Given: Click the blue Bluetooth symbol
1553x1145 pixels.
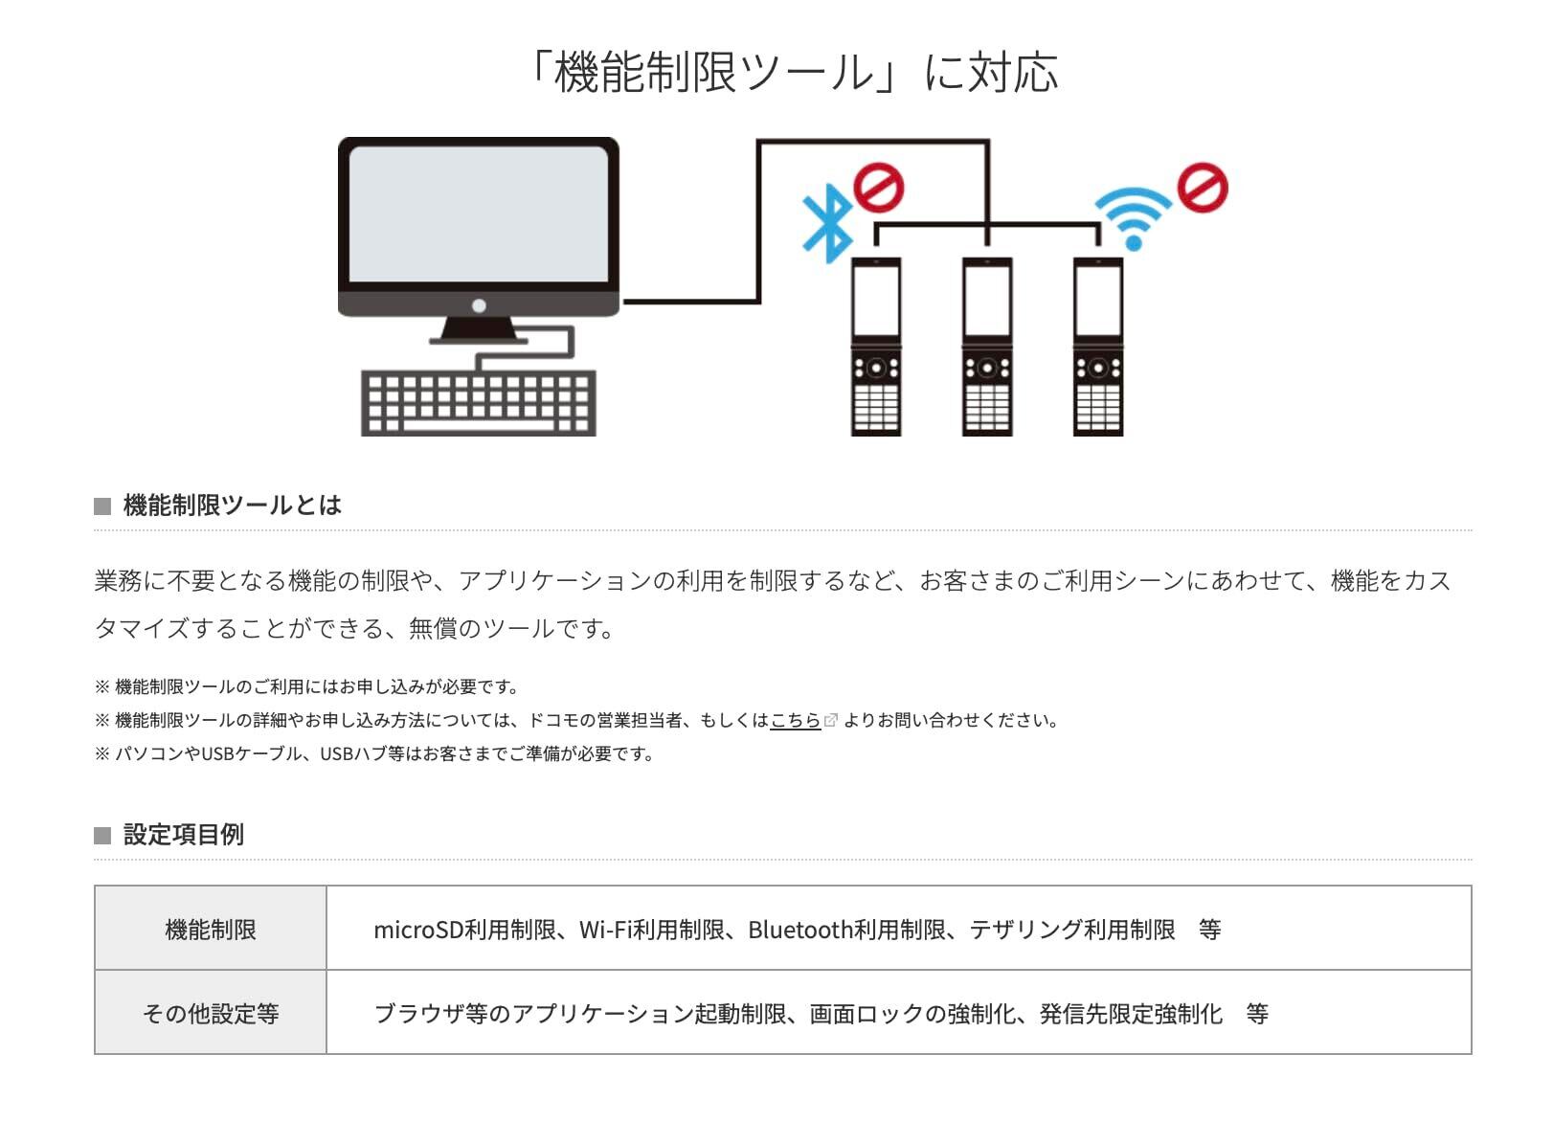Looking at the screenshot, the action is pos(828,223).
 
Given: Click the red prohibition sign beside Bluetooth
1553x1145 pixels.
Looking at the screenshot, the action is pos(878,187).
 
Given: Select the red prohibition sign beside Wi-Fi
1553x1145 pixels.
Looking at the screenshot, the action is pos(1203,187).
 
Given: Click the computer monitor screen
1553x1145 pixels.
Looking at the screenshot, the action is pos(479,214).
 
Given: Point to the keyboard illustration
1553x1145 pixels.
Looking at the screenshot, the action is pos(479,403).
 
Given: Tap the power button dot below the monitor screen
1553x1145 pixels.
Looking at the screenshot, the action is pos(479,305).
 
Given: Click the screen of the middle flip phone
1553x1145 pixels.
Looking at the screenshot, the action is pos(987,300).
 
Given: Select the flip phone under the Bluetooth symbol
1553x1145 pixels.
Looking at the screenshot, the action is pos(876,347).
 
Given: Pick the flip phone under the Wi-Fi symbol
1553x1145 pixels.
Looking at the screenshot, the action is pos(1098,347).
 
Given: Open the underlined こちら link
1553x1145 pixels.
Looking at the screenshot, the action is pos(796,721).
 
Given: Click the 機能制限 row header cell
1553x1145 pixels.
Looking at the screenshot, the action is pos(211,929).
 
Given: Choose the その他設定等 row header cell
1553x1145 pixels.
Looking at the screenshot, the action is pos(211,1013).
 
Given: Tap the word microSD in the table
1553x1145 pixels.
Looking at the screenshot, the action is pos(418,930).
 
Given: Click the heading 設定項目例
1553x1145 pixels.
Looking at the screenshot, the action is pos(184,835).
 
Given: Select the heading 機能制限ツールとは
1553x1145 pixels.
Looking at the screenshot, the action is pos(233,505).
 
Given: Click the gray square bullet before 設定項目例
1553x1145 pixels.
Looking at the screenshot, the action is pos(102,836).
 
